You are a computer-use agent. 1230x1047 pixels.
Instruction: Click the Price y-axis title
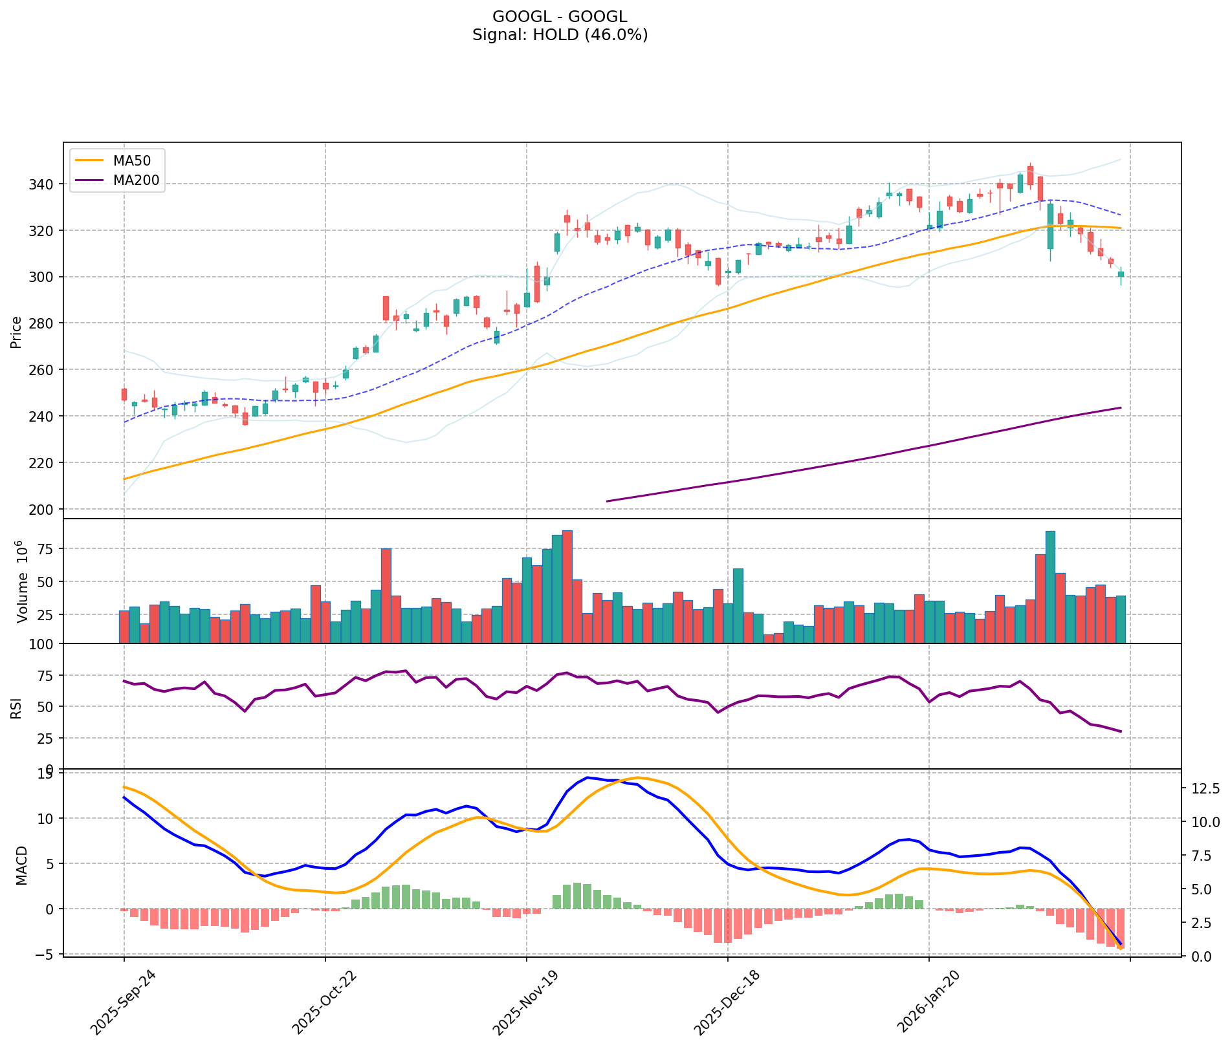tap(16, 332)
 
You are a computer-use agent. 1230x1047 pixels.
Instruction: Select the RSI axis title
tap(16, 707)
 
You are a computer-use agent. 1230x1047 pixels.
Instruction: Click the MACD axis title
tap(22, 865)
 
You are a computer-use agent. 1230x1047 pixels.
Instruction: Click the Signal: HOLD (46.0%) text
tap(560, 35)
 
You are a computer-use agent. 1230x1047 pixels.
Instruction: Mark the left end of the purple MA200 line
tap(606, 501)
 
